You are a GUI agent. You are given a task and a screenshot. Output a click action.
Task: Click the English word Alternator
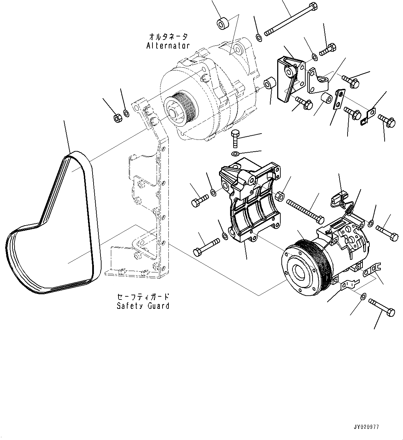(168, 45)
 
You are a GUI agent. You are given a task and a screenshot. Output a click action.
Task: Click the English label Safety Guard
(143, 306)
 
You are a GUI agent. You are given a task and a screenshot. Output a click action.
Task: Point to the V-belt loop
(52, 226)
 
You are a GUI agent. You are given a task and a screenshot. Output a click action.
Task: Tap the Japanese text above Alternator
(168, 36)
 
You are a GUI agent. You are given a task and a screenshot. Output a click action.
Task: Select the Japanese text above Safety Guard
(143, 297)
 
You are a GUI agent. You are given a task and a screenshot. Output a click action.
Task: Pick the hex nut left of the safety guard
(117, 118)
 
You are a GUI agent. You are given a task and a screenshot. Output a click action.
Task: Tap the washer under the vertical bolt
(235, 154)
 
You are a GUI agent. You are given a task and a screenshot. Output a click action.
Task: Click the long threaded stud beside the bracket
(305, 210)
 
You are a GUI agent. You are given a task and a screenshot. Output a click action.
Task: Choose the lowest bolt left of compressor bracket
(207, 246)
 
